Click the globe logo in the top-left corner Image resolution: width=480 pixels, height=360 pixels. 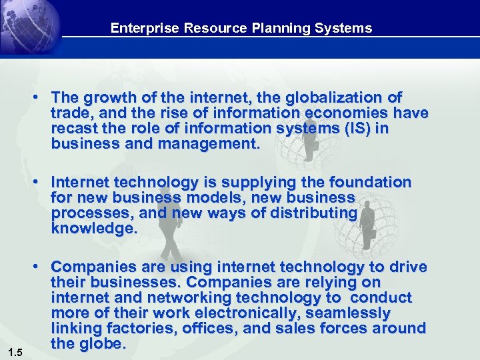[30, 27]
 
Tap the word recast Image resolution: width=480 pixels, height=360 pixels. [71, 129]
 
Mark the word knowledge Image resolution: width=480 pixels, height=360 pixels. [93, 229]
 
